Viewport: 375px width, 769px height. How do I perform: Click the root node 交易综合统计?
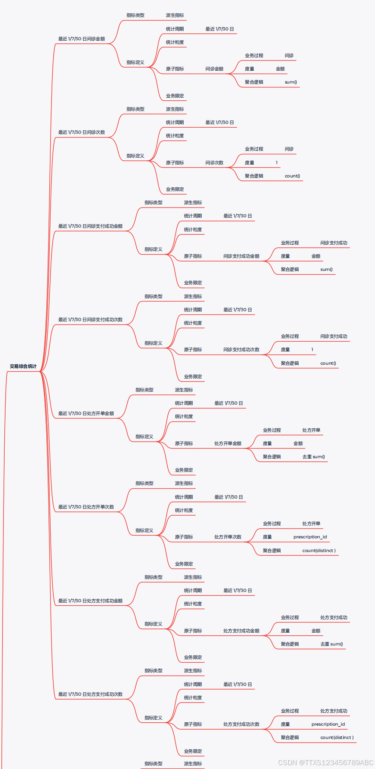point(23,366)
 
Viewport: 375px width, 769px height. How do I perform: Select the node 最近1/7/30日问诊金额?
point(82,39)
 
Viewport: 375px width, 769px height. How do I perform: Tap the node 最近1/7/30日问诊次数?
point(82,132)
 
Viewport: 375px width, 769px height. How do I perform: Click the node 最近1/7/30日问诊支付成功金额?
point(90,226)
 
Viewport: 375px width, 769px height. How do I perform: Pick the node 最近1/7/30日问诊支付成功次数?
point(90,320)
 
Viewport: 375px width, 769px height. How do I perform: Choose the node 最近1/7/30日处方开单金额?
point(86,414)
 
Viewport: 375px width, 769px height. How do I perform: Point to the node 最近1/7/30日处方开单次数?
point(86,507)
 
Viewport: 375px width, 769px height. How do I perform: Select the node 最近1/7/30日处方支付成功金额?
point(90,601)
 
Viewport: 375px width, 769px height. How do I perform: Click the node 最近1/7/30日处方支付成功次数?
point(90,694)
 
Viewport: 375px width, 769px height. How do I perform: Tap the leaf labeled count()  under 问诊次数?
point(292,176)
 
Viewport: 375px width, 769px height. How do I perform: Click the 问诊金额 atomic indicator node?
point(214,69)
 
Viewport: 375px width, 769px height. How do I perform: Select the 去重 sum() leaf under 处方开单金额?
point(313,457)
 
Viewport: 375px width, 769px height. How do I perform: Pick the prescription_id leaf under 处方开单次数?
point(310,537)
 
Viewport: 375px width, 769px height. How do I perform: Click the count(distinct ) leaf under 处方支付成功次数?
point(337,738)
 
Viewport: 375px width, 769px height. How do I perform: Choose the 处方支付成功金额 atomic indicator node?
point(241,631)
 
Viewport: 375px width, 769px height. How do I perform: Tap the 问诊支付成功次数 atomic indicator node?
point(241,350)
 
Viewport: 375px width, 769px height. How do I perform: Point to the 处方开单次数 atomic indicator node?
point(227,537)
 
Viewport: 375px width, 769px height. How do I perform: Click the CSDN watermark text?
point(325,763)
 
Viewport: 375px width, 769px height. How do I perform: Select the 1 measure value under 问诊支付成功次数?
point(312,350)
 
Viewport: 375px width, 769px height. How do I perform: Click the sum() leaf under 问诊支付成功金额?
point(326,270)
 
